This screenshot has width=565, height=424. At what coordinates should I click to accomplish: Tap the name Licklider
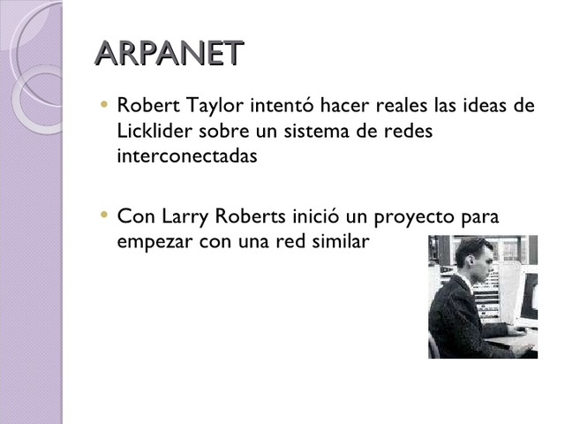151,132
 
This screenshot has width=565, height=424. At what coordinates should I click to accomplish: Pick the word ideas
484,107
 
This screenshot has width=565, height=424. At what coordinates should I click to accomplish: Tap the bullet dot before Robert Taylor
105,105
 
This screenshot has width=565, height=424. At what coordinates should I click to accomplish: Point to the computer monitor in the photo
527,296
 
